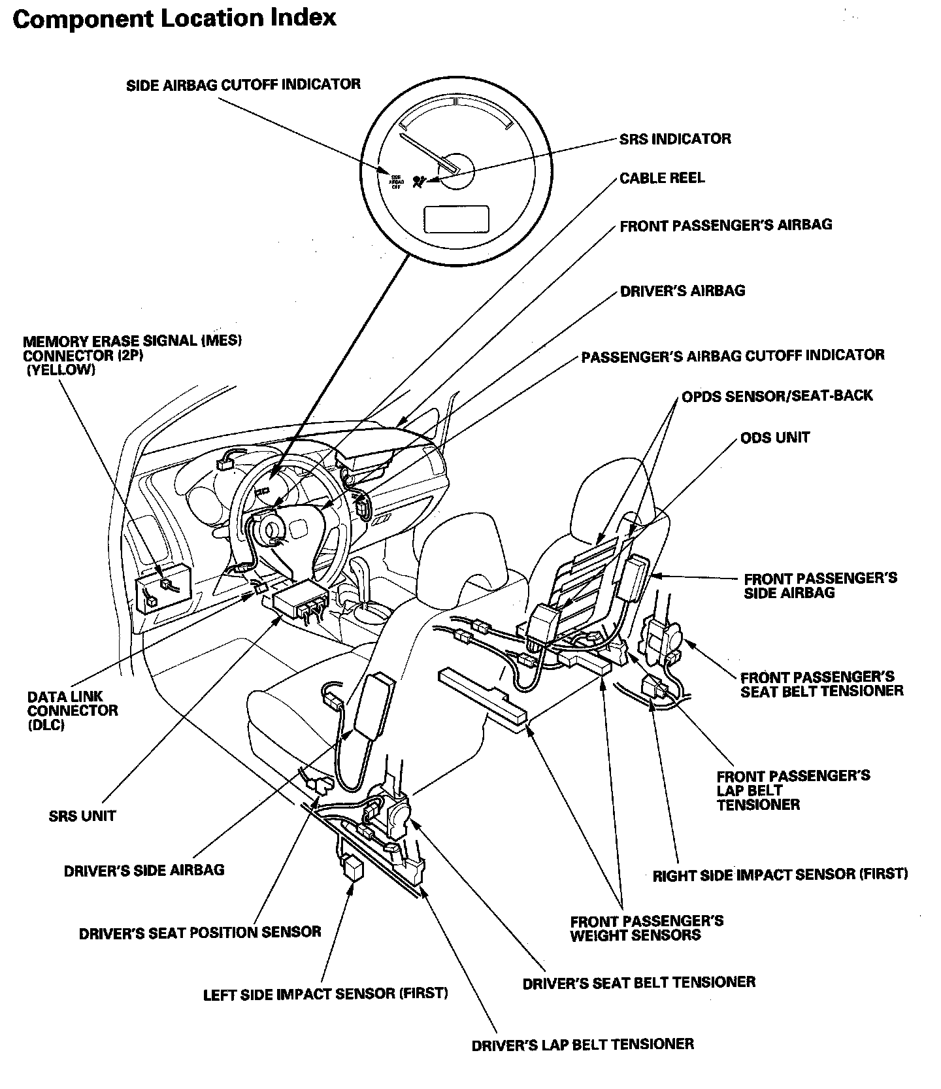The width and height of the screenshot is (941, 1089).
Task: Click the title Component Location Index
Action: pos(174,18)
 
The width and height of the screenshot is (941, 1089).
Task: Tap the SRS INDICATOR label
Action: pos(675,139)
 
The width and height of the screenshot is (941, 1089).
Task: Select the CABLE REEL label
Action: pos(662,178)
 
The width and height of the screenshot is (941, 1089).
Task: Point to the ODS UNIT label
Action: pos(775,437)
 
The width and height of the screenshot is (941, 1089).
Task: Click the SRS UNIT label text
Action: pos(82,816)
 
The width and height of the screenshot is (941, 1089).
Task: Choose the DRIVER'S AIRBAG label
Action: pos(682,291)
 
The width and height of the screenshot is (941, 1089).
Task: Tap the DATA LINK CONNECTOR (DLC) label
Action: pos(73,711)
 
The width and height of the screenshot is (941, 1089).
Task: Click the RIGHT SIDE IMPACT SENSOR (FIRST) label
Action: pos(780,875)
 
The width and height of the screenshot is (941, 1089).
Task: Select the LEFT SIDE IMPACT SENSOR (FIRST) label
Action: pos(325,994)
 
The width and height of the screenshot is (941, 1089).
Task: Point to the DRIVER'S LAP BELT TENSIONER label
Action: pos(582,1044)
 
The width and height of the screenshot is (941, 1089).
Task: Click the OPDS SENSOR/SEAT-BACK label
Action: pos(777,396)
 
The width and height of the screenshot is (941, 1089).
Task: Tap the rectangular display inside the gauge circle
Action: pos(457,218)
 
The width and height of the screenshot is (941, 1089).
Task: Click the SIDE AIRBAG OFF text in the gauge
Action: pos(396,181)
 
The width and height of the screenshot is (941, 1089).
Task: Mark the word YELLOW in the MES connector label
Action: pos(61,370)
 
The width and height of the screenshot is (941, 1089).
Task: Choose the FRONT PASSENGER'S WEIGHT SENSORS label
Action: pos(646,928)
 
